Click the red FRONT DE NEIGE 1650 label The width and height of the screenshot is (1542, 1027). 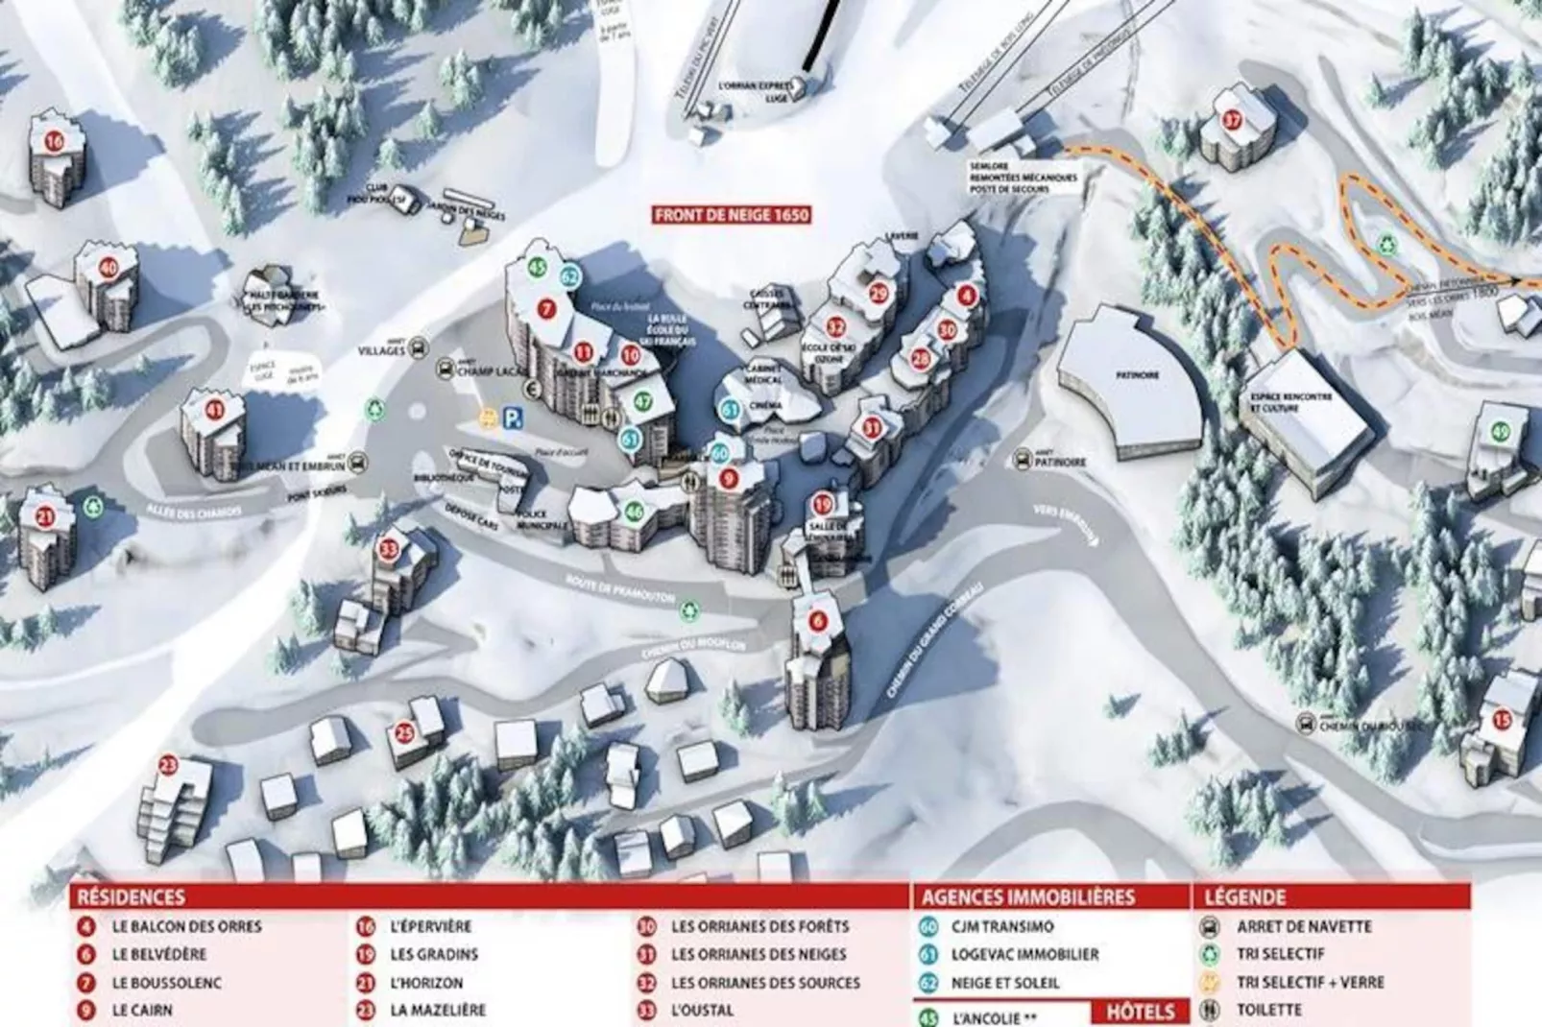point(732,215)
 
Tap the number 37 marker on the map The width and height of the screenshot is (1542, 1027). point(1233,121)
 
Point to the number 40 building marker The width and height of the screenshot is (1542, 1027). point(108,268)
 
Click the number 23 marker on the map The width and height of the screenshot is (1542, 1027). point(169,765)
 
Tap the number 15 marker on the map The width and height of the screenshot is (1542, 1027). point(1502,720)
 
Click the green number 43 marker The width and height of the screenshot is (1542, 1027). point(1501,432)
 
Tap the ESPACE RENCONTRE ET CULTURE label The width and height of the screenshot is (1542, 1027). point(1290,402)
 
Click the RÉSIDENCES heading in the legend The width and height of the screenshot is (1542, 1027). point(131,897)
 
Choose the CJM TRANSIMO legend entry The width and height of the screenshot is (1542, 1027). point(1001,927)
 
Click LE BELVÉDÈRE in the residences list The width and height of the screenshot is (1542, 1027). point(158,955)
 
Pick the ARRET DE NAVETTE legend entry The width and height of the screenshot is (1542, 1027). point(1303,927)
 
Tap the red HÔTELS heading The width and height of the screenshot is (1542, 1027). point(1140,1012)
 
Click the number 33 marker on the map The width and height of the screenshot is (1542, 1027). point(389,550)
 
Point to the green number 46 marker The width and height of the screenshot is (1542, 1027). point(634,513)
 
